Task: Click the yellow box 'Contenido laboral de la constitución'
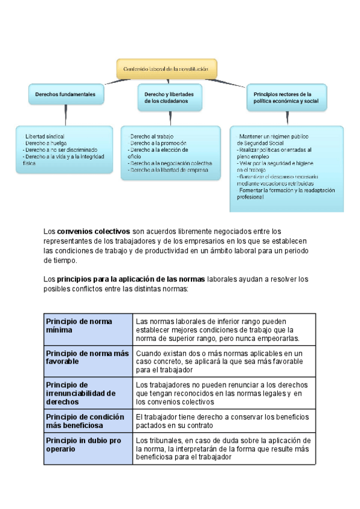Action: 166,69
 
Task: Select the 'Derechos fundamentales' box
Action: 65,95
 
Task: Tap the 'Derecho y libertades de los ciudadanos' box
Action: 169,98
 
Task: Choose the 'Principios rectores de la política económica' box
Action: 287,98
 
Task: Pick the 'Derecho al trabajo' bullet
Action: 151,137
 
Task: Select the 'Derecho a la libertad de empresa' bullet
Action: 168,170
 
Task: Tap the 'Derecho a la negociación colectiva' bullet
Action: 170,163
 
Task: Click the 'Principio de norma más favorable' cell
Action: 88,358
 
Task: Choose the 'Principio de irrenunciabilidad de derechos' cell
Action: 88,393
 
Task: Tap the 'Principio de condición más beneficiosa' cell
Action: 88,421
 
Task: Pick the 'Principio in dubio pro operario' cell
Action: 88,448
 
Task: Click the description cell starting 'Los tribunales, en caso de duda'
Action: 223,448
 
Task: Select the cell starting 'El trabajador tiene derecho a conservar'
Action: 223,421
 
